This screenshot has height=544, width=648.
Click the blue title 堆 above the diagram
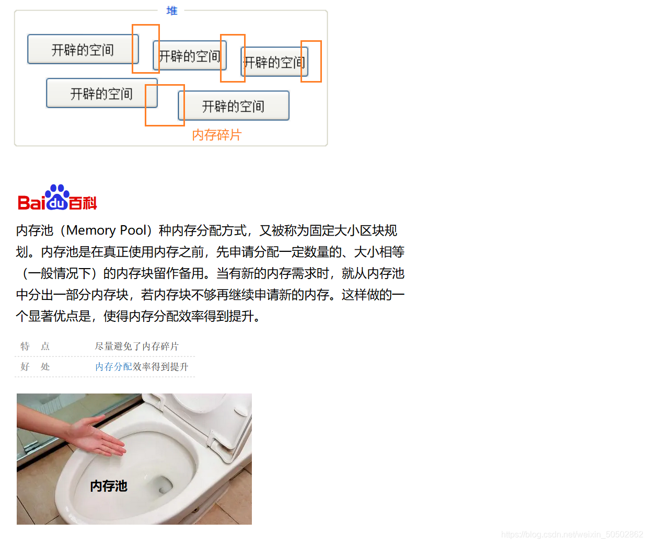pyautogui.click(x=171, y=10)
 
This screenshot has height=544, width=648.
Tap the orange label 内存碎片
pyautogui.click(x=217, y=135)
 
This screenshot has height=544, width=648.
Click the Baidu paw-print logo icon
pyautogui.click(x=57, y=197)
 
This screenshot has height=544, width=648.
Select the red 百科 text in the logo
pyautogui.click(x=83, y=203)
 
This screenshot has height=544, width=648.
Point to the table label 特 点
pyautogui.click(x=35, y=346)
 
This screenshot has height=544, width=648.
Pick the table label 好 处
pyautogui.click(x=35, y=366)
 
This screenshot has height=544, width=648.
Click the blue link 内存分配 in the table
pyautogui.click(x=113, y=366)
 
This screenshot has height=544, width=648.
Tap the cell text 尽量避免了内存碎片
pyautogui.click(x=137, y=346)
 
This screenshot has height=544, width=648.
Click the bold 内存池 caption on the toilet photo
pyautogui.click(x=109, y=486)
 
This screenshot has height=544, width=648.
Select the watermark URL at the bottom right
pyautogui.click(x=572, y=534)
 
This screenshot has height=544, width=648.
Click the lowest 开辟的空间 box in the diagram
pyautogui.click(x=234, y=106)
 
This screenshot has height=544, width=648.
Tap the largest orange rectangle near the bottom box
pyautogui.click(x=165, y=105)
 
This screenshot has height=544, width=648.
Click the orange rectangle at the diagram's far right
pyautogui.click(x=311, y=61)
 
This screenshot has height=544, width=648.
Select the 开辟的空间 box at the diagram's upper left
pyautogui.click(x=83, y=49)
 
